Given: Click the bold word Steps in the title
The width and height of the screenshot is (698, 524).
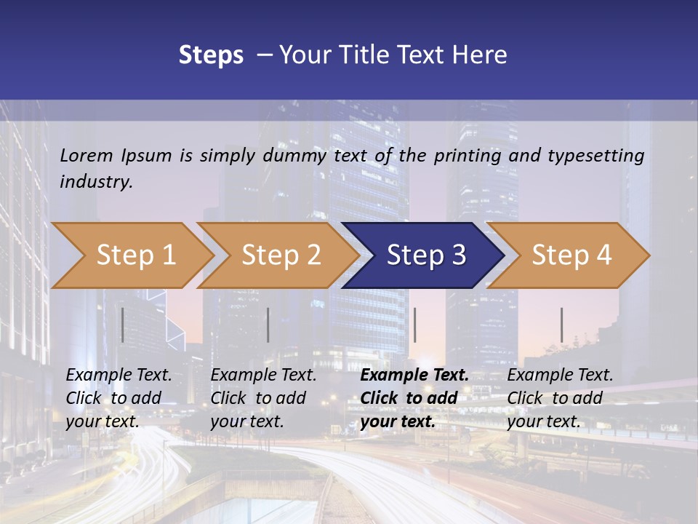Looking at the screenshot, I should [211, 55].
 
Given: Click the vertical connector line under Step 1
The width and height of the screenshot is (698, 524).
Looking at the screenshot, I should [123, 325].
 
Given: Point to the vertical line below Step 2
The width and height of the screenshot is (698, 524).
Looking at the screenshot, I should [268, 325].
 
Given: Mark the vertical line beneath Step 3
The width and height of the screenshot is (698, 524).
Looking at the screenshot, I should [415, 325].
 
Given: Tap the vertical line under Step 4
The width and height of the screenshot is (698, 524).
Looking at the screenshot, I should [561, 325].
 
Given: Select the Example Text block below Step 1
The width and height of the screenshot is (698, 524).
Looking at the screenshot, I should [119, 398].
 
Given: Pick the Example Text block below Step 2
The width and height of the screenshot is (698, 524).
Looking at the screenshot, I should [263, 398].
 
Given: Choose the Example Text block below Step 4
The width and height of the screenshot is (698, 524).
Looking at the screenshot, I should [560, 398].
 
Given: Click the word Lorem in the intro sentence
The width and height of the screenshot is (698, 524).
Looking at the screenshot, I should [87, 155].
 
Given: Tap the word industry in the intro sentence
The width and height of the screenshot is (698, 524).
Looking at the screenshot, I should [95, 182].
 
